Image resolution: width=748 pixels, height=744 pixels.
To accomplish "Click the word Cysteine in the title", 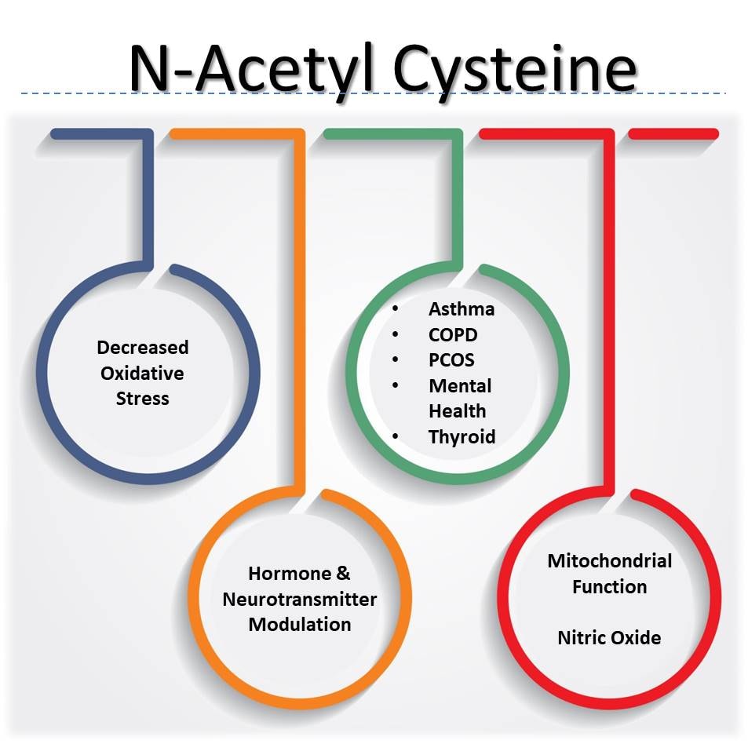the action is tap(515, 70).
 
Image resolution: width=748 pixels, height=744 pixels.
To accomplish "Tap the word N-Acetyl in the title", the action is tap(251, 70).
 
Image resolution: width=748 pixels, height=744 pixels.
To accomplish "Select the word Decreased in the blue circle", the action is tap(143, 347).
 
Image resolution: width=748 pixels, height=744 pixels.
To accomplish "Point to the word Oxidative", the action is tap(142, 373).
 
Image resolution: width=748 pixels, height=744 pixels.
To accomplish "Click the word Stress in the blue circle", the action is tap(143, 398).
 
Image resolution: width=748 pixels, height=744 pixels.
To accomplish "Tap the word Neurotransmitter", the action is tap(300, 599).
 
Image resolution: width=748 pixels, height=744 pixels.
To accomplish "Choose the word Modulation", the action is tap(300, 624).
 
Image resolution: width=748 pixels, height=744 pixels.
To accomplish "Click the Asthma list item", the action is tap(462, 309).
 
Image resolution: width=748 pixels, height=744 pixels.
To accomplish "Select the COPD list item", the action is tap(453, 335).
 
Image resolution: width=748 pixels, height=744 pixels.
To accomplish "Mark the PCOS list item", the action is tap(451, 360).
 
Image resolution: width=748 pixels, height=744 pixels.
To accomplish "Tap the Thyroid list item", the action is tap(462, 437).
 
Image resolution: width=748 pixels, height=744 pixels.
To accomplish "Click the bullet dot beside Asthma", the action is tap(395, 309).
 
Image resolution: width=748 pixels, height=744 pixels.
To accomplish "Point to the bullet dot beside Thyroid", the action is tap(395, 436).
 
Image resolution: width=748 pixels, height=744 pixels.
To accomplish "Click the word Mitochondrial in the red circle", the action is tap(610, 561).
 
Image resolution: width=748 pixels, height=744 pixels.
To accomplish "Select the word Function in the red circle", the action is tap(610, 586).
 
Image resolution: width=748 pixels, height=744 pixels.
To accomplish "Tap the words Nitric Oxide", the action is tap(609, 637).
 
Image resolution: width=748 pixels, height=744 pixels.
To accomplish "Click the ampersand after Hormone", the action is tap(343, 573).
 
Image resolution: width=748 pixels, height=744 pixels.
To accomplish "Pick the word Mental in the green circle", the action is tap(460, 386).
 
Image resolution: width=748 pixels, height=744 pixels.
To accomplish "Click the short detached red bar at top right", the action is tap(673, 134).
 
